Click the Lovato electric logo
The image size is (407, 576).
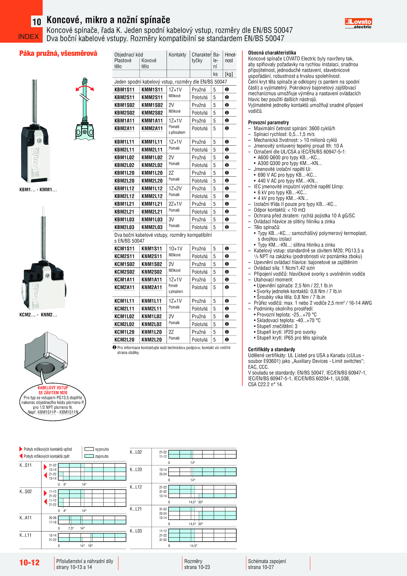[358, 23]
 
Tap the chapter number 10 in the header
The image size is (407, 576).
[37, 22]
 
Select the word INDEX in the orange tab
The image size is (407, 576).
[28, 37]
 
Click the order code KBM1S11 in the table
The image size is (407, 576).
[124, 90]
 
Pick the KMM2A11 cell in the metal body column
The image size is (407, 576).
[152, 128]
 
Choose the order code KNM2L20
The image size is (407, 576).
[152, 340]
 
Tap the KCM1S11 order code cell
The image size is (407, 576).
[124, 248]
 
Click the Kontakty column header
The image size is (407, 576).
[177, 55]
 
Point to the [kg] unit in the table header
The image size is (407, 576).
[229, 74]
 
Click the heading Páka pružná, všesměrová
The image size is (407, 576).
[58, 53]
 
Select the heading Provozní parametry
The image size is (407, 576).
[268, 122]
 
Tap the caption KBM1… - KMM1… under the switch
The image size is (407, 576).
[38, 190]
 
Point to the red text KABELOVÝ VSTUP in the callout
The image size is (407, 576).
[53, 388]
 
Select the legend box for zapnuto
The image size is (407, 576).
[89, 456]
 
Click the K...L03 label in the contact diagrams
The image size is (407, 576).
[136, 531]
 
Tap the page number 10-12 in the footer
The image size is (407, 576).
[30, 563]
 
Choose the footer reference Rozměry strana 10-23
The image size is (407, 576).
[197, 564]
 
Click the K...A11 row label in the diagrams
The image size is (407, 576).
[25, 518]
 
